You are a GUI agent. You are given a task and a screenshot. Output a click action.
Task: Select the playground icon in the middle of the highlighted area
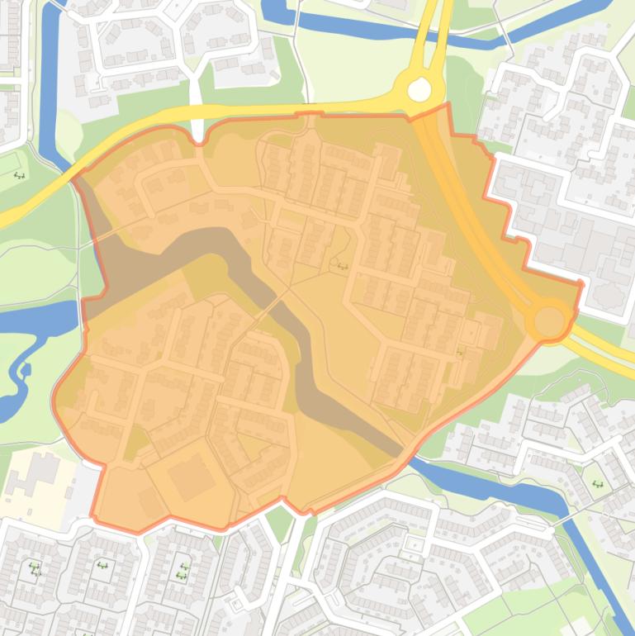(342, 266)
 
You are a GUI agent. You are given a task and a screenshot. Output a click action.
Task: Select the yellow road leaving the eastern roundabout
(607, 343)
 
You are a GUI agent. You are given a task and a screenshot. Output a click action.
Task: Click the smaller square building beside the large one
(149, 501)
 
